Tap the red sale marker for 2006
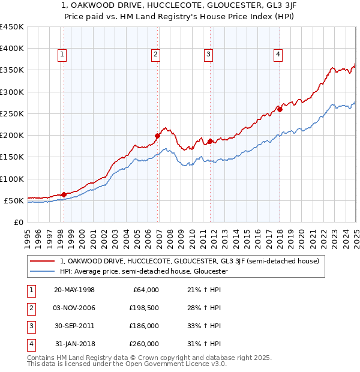157,136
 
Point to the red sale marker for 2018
280,109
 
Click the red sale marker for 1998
64,194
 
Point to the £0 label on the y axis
19,222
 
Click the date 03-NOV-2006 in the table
74,308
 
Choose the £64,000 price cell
144,290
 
